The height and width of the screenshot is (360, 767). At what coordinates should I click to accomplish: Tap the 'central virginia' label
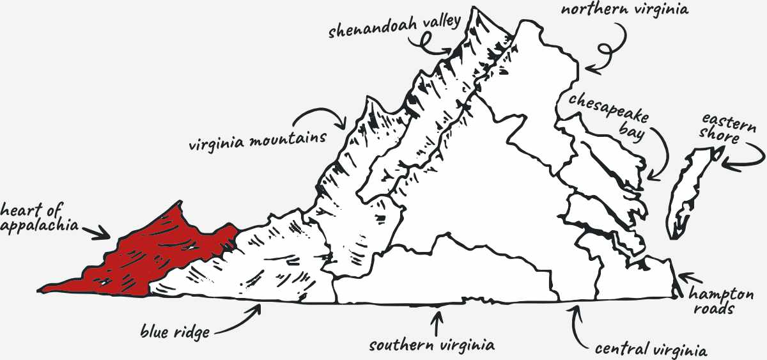(x=650, y=350)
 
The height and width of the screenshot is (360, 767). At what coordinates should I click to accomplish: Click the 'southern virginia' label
(x=432, y=345)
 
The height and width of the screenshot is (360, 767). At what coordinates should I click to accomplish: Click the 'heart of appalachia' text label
(x=40, y=217)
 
